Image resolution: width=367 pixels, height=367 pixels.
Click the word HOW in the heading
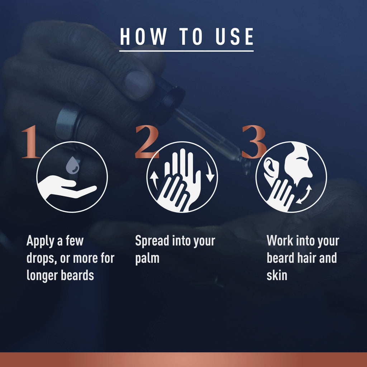(x=143, y=37)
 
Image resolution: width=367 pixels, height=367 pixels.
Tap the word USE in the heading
(x=234, y=37)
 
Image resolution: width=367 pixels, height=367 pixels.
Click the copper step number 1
(x=30, y=142)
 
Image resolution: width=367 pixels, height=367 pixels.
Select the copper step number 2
(x=147, y=142)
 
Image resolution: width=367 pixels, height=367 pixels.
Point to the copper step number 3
(x=254, y=142)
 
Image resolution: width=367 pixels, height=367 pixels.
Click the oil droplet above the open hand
(x=72, y=165)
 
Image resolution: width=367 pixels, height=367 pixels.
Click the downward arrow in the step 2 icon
(x=210, y=171)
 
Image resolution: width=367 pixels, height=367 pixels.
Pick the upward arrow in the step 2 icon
(x=154, y=180)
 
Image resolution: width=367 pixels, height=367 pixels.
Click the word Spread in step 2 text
(x=152, y=241)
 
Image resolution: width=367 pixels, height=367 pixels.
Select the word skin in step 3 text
(x=277, y=275)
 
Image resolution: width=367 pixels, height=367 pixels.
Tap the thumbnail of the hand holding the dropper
(x=138, y=84)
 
